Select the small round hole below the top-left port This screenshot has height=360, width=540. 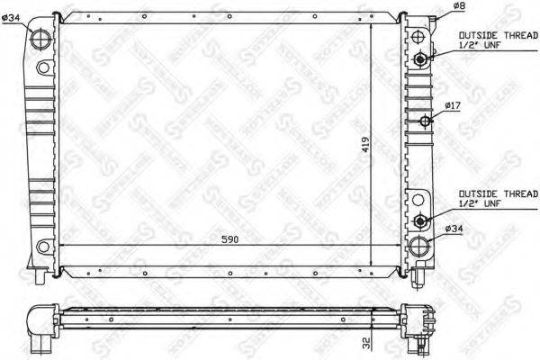(42, 67)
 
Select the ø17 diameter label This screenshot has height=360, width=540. (452, 107)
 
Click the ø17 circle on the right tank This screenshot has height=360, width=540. (427, 121)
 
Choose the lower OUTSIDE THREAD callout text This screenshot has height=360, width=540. (497, 193)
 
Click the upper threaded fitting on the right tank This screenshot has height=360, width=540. (421, 59)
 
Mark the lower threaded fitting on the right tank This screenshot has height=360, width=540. (421, 220)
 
